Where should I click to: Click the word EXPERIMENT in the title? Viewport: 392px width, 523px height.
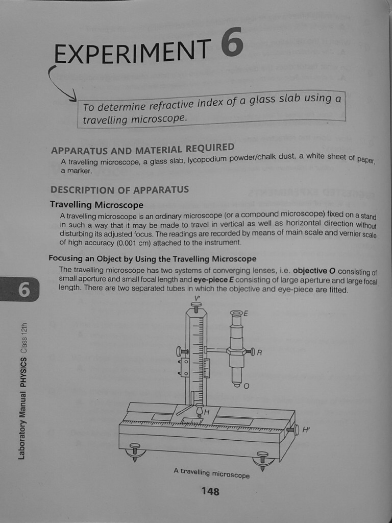tap(132, 53)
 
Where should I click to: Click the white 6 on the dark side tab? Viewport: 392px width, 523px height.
tap(24, 290)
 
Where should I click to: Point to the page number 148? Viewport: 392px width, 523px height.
tap(210, 491)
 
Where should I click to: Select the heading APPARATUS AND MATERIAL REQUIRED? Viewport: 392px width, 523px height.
tap(142, 149)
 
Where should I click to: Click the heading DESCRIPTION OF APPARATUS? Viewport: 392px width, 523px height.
tap(119, 189)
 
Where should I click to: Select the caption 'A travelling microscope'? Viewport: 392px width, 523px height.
tap(211, 473)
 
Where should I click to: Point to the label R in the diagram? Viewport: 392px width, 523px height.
tap(259, 352)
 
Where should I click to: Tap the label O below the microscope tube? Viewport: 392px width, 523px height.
tap(247, 386)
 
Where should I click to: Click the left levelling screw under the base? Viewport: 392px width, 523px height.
tap(135, 451)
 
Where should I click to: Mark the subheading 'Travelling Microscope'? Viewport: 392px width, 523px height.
tap(96, 205)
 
